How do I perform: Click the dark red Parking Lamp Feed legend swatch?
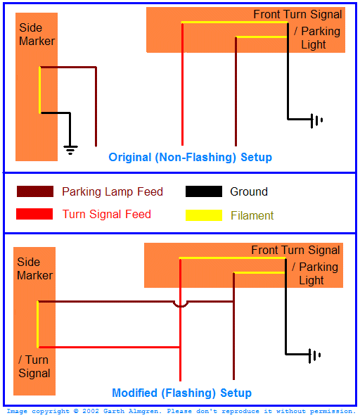(x=35, y=191)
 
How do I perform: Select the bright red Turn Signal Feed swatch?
(x=35, y=214)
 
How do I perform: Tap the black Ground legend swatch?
(x=203, y=191)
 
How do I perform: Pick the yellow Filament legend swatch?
(x=203, y=215)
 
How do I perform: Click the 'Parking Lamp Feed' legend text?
(x=112, y=191)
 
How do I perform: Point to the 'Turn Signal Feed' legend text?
(x=106, y=214)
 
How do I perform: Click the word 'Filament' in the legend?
(x=252, y=215)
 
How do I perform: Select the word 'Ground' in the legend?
(x=249, y=191)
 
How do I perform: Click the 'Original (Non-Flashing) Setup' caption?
(x=190, y=157)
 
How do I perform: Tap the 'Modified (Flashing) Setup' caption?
(x=181, y=393)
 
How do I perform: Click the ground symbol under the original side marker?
(x=70, y=148)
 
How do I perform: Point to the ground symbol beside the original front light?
(x=316, y=120)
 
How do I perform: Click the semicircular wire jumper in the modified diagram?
(x=181, y=304)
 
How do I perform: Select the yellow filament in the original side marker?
(x=40, y=90)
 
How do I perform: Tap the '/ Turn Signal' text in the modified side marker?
(x=34, y=366)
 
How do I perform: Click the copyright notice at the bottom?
(x=181, y=411)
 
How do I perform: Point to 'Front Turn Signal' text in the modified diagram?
(x=295, y=250)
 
